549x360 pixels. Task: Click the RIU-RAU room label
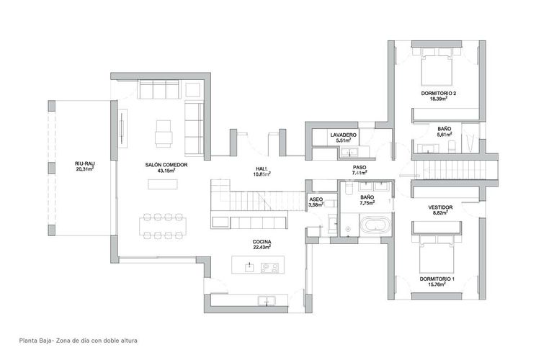click(x=85, y=164)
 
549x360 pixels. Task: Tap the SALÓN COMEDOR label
click(x=166, y=165)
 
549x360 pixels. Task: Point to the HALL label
click(x=261, y=169)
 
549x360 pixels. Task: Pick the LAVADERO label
click(x=344, y=135)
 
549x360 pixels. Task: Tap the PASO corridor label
click(x=359, y=167)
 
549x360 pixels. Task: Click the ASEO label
click(x=316, y=199)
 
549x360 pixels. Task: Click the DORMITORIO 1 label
click(x=438, y=279)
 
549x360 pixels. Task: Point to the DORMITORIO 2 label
click(x=439, y=94)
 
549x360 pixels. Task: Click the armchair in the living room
click(x=164, y=133)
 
